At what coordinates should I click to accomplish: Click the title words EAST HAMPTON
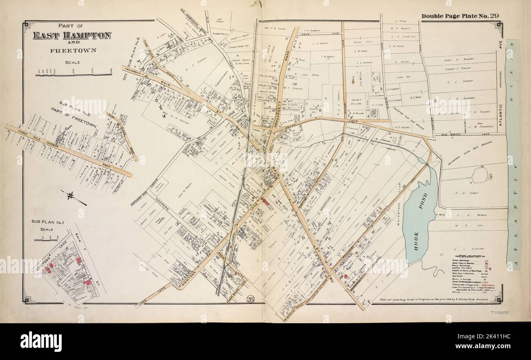72,36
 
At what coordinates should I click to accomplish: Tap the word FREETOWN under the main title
72,51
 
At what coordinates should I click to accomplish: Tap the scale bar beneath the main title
74,74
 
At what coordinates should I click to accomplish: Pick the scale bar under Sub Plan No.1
46,239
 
